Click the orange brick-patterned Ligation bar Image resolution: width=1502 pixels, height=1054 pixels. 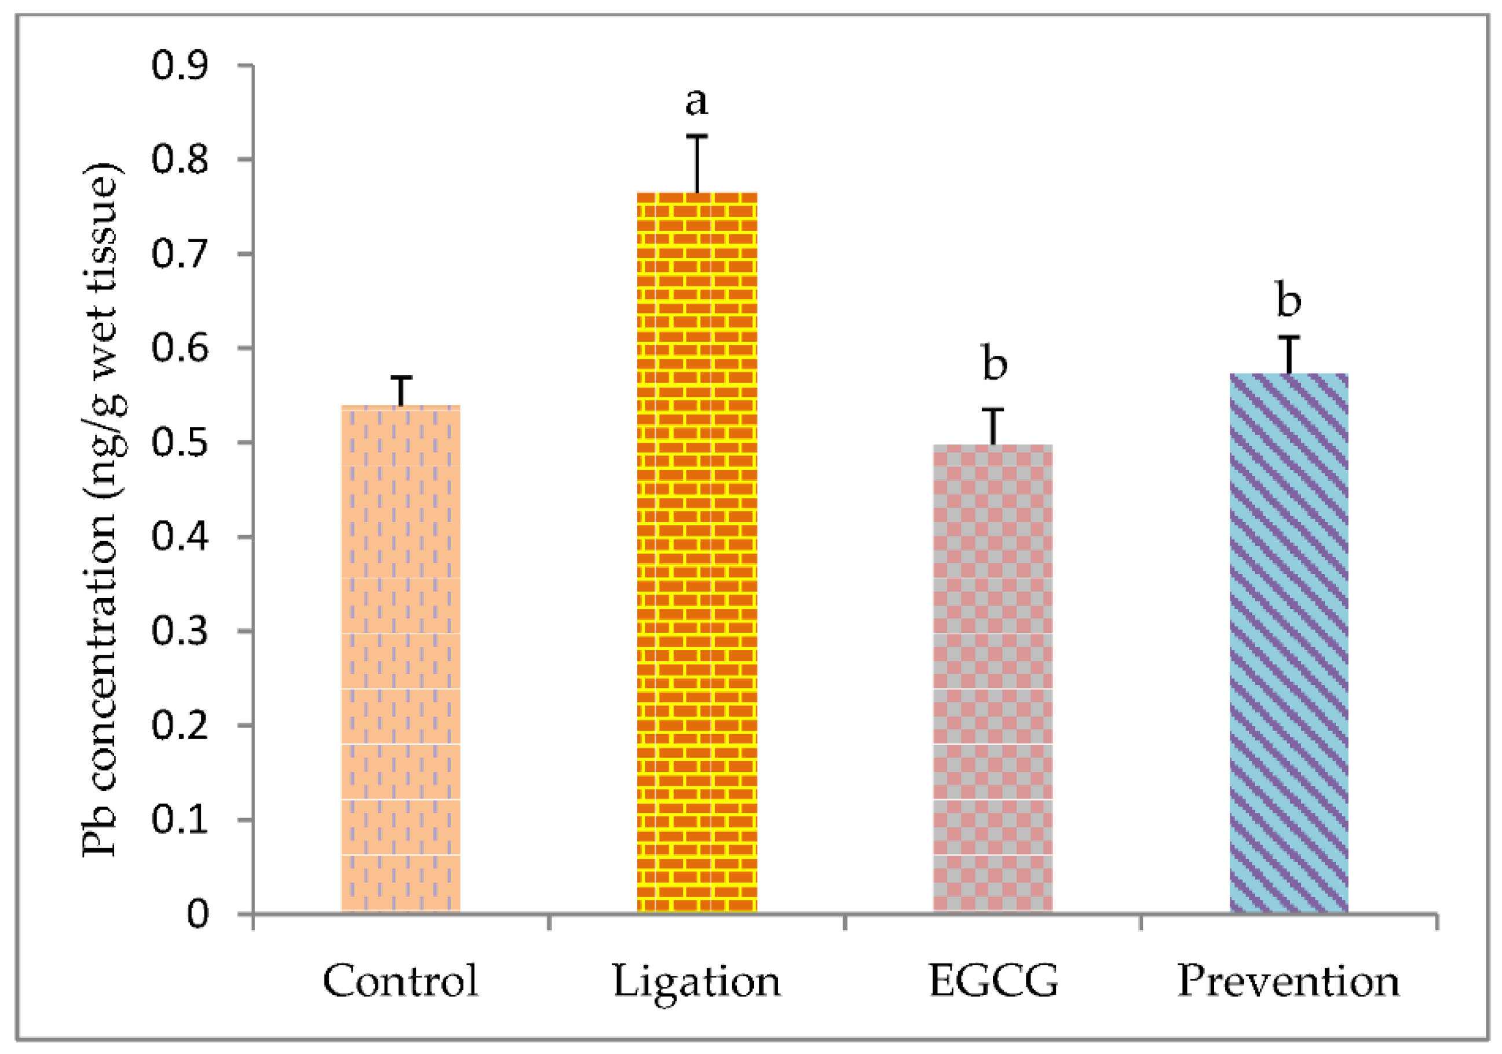coord(697,553)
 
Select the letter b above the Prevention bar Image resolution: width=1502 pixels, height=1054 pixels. coord(1289,300)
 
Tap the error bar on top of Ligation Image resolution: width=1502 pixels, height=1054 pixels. coord(697,163)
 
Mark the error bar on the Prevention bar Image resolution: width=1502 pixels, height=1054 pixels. coord(1289,355)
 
